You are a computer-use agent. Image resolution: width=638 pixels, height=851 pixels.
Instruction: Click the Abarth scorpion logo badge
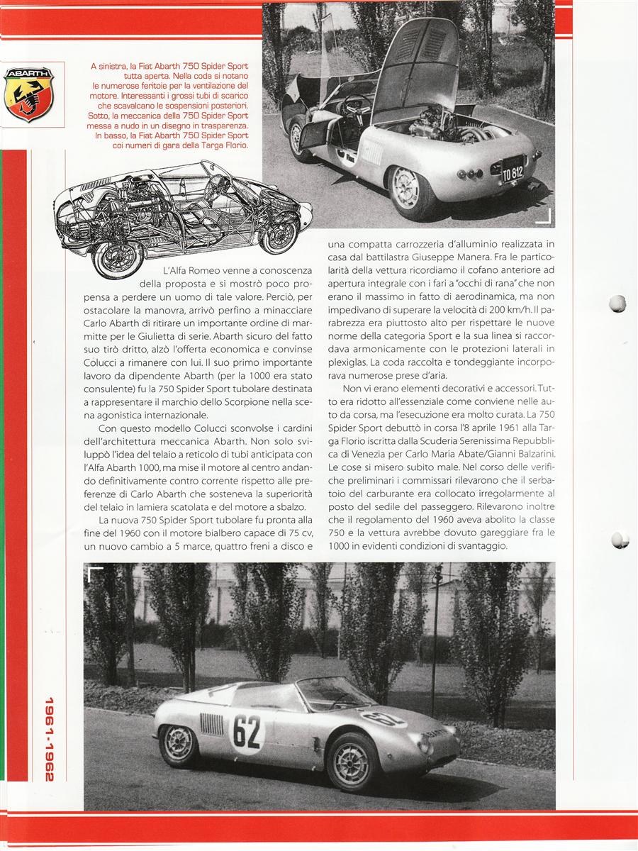pos(28,94)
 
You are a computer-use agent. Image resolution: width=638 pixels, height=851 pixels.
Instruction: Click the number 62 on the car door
pos(247,731)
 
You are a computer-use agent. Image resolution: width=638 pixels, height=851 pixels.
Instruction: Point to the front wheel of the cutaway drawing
pos(279,234)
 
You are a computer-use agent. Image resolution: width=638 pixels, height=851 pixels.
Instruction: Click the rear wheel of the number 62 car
pos(179,745)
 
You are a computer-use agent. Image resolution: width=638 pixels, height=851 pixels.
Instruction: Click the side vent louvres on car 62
pos(211,723)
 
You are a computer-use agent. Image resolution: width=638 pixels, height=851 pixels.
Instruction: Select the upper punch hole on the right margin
pos(618,304)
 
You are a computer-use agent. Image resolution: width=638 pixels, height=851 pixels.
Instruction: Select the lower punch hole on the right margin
pos(620,540)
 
